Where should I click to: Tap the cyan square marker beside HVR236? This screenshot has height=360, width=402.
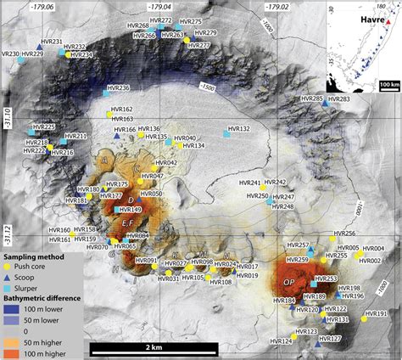point(105,91)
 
